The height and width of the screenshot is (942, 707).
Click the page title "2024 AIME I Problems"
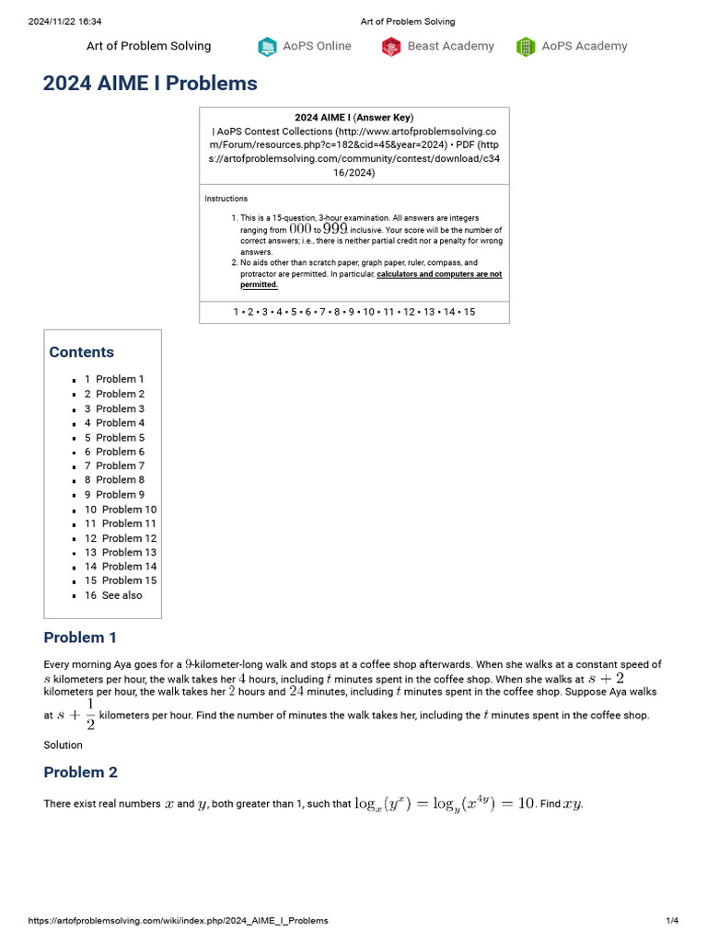point(150,84)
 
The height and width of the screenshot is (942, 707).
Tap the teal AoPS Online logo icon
point(267,47)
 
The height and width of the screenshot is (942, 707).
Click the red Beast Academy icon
point(391,47)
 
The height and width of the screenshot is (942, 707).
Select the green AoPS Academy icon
point(526,47)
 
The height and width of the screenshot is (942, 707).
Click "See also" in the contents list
point(122,595)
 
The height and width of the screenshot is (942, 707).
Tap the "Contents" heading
point(82,352)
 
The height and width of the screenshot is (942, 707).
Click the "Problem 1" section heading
point(80,638)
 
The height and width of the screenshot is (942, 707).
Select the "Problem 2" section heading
point(80,772)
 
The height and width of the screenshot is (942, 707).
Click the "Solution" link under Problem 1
point(63,745)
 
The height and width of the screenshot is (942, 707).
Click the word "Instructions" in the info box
point(226,199)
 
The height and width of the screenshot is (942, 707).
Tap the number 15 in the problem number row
point(469,312)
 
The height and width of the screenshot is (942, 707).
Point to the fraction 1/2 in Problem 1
point(89,714)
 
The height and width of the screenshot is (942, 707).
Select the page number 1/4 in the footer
point(672,921)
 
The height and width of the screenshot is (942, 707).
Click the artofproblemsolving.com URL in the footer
point(178,921)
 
